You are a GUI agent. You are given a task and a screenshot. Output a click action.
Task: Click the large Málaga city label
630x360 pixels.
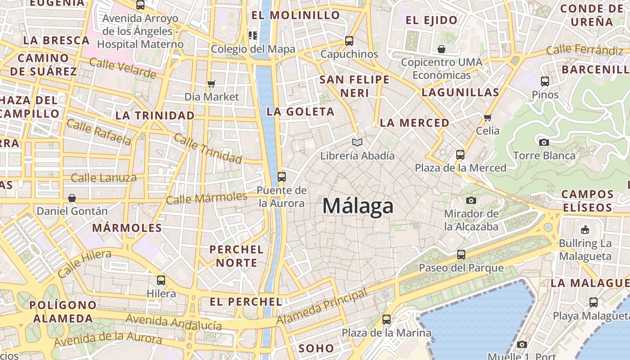358,206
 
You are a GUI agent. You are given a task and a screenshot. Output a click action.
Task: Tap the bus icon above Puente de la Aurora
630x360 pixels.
282,177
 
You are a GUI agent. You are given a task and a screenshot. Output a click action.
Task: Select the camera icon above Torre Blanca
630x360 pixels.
544,143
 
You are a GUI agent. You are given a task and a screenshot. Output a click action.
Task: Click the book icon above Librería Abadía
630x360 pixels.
357,143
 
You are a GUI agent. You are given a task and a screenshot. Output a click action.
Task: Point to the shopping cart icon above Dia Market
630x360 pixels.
211,84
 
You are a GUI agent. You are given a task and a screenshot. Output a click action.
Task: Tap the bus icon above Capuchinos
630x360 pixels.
349,41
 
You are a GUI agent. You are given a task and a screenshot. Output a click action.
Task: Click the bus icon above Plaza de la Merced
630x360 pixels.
460,155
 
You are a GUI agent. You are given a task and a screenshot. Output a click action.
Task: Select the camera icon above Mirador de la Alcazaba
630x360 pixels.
471,200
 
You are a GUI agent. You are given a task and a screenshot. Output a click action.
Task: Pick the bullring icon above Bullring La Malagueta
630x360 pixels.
585,230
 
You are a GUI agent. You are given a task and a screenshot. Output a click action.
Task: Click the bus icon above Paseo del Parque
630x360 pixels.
461,255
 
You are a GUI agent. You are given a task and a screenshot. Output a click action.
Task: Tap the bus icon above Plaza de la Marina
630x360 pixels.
387,320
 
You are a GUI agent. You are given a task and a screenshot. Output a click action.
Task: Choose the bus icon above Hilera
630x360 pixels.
161,280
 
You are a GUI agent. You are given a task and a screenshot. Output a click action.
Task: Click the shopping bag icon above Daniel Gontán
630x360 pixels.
72,198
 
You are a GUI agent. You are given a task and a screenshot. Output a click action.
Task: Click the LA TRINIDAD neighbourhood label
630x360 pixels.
155,116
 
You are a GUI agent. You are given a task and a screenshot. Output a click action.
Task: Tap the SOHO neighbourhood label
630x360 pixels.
316,348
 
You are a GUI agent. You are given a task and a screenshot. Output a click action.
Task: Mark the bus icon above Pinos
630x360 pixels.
545,81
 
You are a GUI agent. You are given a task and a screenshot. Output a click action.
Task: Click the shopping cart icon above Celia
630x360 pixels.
488,118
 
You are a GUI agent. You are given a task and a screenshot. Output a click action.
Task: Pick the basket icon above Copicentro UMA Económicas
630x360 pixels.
441,49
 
